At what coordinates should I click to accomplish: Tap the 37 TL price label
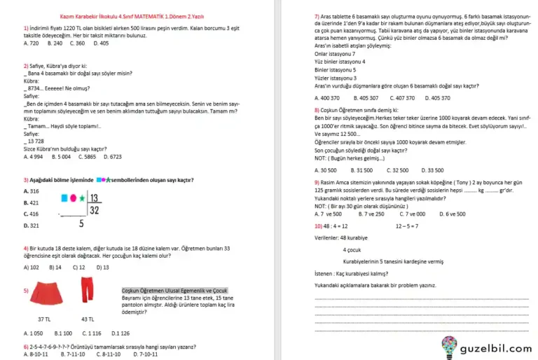tap(43, 319)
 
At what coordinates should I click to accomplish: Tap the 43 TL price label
tap(88, 319)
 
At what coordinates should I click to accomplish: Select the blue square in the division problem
tap(64, 198)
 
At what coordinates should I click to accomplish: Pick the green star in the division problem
tap(81, 198)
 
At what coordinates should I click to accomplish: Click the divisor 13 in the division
tap(95, 198)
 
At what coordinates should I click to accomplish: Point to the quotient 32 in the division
tap(95, 210)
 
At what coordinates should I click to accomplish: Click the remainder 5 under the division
tap(81, 224)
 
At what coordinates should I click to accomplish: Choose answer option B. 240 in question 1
tap(55, 43)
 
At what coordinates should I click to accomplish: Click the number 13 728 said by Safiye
tap(35, 141)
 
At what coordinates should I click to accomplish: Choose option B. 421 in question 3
tap(32, 202)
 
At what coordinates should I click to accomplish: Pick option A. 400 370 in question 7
tap(327, 98)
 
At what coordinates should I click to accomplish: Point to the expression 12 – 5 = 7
tap(407, 226)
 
